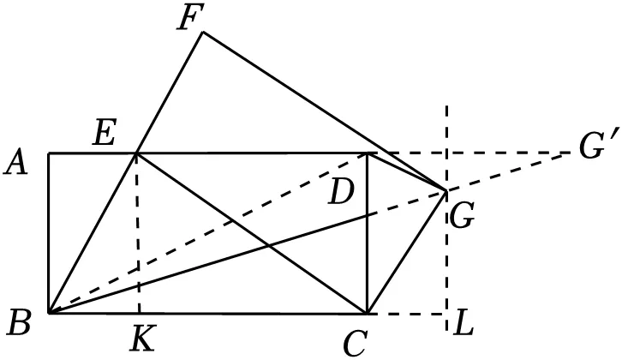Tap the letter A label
pyautogui.click(x=16, y=164)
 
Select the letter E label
pyautogui.click(x=105, y=134)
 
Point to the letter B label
pyautogui.click(x=19, y=323)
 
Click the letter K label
pyautogui.click(x=142, y=338)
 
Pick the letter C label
pyautogui.click(x=355, y=344)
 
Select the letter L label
pyautogui.click(x=464, y=325)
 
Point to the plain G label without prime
pyautogui.click(x=462, y=217)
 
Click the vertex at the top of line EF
pyautogui.click(x=203, y=32)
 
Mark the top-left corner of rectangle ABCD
pyautogui.click(x=49, y=153)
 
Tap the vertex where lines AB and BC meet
pyautogui.click(x=49, y=313)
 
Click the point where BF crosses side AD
pyautogui.click(x=136, y=153)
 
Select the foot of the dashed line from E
pyautogui.click(x=140, y=313)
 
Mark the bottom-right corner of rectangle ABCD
pyautogui.click(x=368, y=313)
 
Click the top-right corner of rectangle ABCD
pyautogui.click(x=368, y=153)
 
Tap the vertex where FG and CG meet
pyautogui.click(x=447, y=191)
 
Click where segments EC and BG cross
pyautogui.click(x=269, y=247)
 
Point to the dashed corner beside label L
pyautogui.click(x=447, y=314)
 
